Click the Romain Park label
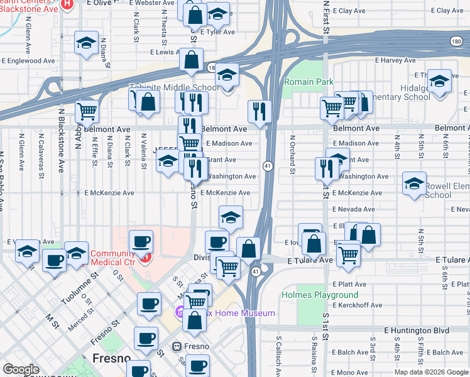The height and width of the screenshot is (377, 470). pos(309,82)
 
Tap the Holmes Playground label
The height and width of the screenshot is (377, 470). pos(319,295)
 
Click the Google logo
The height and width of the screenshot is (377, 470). pos(21,369)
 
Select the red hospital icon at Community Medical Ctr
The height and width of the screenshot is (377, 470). pos(146,258)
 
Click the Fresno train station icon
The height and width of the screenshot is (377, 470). pos(177,346)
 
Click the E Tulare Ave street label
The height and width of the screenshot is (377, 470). pos(309,260)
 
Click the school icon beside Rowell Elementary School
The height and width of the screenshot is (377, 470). pos(414,184)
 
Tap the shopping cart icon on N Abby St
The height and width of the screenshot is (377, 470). pos(87,112)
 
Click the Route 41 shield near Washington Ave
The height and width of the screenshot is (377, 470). pos(268,166)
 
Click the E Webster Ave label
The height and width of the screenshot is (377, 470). pos(151,3)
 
